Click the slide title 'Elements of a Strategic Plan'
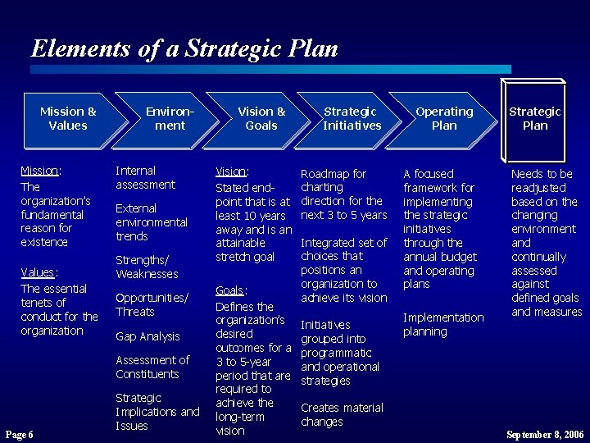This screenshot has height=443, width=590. coord(184,48)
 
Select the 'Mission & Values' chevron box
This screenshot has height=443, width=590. coord(68,119)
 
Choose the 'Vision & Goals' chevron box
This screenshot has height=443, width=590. coord(261,119)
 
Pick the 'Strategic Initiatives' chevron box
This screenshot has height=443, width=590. coord(352,119)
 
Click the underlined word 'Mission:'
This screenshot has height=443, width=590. coord(40,171)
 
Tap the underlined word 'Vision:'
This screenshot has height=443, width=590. coord(232,172)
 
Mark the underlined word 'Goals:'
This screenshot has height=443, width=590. coord(231,290)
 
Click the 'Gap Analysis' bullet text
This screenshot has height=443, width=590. coord(147,336)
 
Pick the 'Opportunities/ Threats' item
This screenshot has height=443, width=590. coord(152,304)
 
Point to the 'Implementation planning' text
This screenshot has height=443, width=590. coord(443,325)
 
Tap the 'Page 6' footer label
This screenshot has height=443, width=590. coord(19,434)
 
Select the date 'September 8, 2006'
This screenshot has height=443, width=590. coord(544,434)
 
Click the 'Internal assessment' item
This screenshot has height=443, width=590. coord(145,178)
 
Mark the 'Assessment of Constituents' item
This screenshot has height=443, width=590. coord(152,367)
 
